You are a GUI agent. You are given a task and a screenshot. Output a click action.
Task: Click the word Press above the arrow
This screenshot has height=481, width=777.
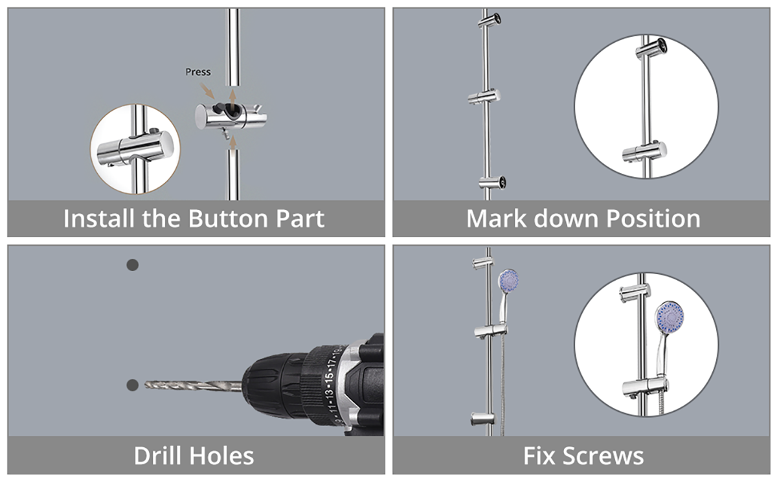[x=197, y=72]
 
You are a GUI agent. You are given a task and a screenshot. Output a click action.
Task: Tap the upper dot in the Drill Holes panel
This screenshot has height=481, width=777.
[x=133, y=265]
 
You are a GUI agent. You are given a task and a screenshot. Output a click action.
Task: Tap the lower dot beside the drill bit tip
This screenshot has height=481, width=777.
[x=133, y=385]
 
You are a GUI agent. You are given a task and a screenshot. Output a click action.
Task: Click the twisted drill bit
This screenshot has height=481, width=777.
[x=193, y=386]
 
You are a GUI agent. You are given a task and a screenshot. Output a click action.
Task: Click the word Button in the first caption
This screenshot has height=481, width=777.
[x=229, y=218]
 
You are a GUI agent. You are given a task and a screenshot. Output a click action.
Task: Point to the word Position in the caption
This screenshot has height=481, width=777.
[x=653, y=219]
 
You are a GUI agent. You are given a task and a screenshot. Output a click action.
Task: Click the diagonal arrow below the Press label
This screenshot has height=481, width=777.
[x=207, y=91]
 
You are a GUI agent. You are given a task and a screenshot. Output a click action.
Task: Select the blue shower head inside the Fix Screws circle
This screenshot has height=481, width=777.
[x=669, y=318]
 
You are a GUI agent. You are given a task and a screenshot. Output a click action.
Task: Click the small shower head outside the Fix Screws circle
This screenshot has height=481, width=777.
[x=508, y=281]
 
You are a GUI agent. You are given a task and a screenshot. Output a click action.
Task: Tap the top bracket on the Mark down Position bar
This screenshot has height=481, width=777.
[x=490, y=21]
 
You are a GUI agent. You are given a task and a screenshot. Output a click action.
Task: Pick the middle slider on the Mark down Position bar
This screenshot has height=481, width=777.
[x=484, y=97]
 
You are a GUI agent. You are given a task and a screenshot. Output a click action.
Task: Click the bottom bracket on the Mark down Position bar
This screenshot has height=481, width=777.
[x=492, y=182]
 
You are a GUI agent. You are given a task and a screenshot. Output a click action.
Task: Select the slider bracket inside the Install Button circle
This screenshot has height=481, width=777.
[x=135, y=148]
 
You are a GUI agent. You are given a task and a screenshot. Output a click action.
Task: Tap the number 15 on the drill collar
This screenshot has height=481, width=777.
[x=330, y=377]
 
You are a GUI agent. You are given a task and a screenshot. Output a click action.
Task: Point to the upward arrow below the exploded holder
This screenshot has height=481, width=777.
[x=233, y=143]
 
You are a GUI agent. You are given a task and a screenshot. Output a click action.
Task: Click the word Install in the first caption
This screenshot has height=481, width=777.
[x=98, y=218]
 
